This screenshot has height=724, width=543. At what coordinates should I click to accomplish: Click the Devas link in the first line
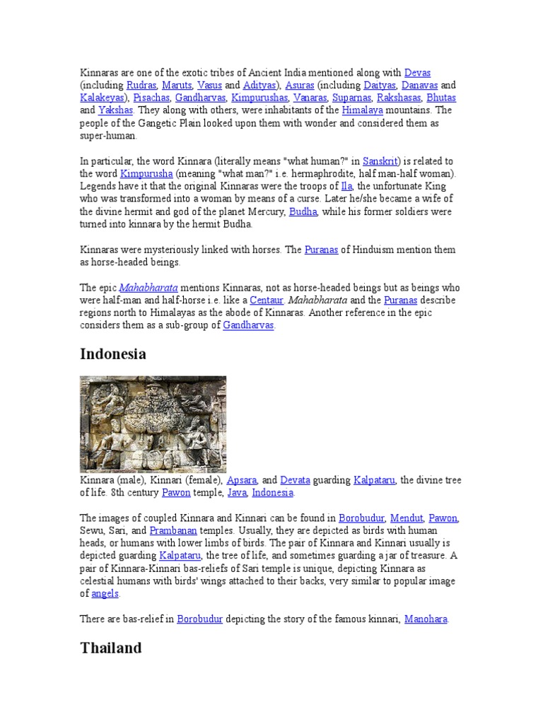tap(417, 73)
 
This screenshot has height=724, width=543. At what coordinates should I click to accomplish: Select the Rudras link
tap(141, 86)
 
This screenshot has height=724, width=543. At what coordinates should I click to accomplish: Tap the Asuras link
tap(299, 86)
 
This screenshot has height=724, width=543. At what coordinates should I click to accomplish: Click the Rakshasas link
tap(399, 98)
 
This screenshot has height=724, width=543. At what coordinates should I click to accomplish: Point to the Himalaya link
tap(362, 110)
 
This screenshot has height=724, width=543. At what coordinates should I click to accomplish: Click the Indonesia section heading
tap(113, 354)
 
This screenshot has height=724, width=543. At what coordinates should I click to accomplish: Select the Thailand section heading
tap(111, 648)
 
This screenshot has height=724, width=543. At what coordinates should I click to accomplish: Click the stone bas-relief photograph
tap(153, 424)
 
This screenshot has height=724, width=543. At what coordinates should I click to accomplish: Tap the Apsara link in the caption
tap(241, 480)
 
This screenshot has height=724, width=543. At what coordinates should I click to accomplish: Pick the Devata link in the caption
tap(295, 480)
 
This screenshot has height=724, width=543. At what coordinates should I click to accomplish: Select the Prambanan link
tap(177, 531)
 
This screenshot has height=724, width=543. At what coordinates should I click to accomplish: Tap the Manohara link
tap(426, 619)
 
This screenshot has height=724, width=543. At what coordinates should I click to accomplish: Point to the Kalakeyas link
tap(102, 98)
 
